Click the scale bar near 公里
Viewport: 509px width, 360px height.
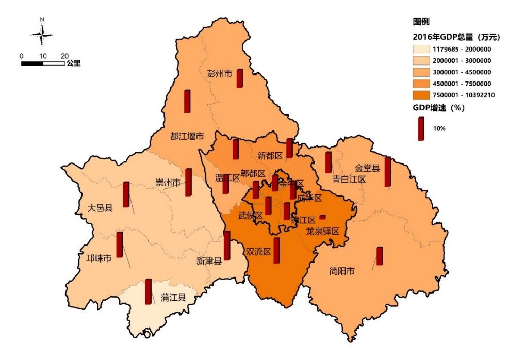click(x=43, y=63)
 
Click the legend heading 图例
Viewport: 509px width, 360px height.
click(x=421, y=22)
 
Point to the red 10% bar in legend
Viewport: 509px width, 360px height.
click(x=421, y=128)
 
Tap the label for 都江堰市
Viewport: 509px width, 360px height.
click(x=187, y=137)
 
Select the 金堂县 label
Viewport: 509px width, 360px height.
click(x=367, y=168)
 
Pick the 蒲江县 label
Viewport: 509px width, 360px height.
click(x=173, y=298)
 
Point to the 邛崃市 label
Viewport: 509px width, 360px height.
click(x=98, y=258)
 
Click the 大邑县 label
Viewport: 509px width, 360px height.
click(x=100, y=208)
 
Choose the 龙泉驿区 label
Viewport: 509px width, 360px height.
click(x=322, y=231)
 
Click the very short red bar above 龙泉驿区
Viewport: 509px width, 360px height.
click(x=322, y=217)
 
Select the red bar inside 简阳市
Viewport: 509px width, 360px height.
click(x=380, y=256)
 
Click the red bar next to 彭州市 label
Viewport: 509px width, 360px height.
click(x=240, y=78)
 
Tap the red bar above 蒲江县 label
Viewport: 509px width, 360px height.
click(x=149, y=291)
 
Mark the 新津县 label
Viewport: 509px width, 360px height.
click(x=209, y=261)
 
